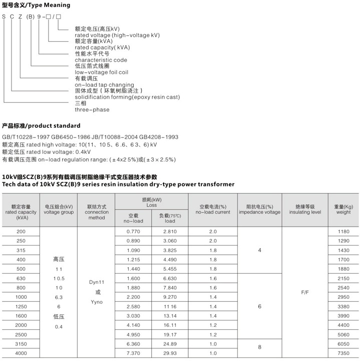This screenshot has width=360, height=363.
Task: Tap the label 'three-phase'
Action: point(92,109)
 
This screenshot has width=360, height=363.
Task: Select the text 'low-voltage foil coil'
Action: point(99,72)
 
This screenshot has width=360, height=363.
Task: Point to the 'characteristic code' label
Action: point(101,60)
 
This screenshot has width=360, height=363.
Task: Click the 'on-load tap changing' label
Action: point(104,85)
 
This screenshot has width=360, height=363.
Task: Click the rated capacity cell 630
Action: point(21,278)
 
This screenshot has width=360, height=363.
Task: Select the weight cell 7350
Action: point(343,354)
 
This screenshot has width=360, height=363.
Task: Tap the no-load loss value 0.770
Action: point(133,231)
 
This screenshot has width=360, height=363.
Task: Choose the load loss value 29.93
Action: point(170,354)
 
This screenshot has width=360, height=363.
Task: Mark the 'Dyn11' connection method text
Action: point(96,282)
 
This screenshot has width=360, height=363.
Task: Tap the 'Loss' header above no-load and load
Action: point(151,205)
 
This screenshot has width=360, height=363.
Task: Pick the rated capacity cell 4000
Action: point(21,354)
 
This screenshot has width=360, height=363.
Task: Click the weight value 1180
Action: point(343,231)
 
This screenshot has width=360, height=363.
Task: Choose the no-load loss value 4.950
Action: point(133,335)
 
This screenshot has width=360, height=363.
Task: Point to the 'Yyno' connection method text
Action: point(96,302)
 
